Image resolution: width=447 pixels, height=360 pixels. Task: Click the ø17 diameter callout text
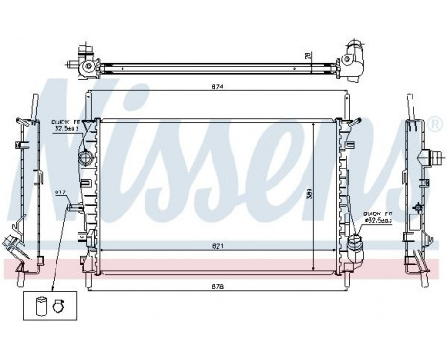(60, 195)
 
